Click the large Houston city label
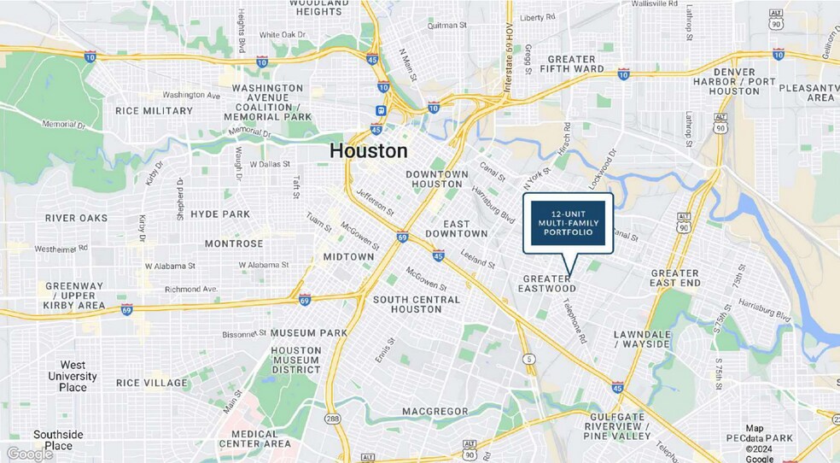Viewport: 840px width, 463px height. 368,151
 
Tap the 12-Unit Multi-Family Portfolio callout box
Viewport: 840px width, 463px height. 568,222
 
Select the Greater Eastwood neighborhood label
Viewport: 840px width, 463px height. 546,284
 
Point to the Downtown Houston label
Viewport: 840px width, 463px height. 437,179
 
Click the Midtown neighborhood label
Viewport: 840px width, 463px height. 348,256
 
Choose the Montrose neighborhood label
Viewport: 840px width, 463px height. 234,243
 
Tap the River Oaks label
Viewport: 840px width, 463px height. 77,218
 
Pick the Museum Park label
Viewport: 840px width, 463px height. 308,332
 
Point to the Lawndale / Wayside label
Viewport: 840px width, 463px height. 642,338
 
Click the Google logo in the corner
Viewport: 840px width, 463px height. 30,454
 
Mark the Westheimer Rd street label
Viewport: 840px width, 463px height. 61,249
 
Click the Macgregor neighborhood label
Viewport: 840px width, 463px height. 435,412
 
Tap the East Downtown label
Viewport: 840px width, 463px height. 465,228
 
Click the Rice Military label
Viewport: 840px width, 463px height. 155,111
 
